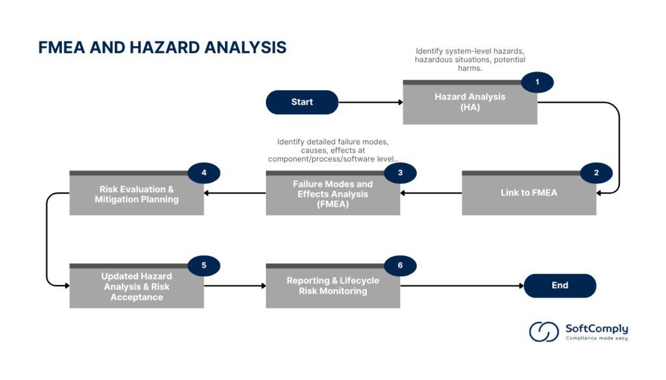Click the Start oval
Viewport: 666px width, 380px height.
tap(302, 102)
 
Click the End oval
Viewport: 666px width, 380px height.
tap(559, 285)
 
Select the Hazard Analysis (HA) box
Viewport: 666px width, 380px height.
tap(470, 102)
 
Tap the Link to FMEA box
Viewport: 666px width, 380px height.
tap(529, 193)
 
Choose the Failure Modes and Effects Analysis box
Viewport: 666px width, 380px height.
tap(332, 194)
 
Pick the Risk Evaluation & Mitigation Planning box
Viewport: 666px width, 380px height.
tap(137, 194)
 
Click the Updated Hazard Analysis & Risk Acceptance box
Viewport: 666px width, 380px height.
tap(137, 286)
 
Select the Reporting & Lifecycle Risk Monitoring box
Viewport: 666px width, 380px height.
tap(332, 286)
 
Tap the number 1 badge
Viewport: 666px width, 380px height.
tap(537, 82)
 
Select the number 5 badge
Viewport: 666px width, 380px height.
tap(204, 265)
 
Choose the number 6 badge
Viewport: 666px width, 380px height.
tap(400, 265)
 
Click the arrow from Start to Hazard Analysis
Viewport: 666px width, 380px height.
tap(370, 102)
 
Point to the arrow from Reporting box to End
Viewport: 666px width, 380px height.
tap(461, 286)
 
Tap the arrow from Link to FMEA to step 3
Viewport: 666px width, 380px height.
tap(431, 193)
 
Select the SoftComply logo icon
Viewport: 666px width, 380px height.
tap(544, 331)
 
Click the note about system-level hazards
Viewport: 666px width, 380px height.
tap(470, 60)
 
